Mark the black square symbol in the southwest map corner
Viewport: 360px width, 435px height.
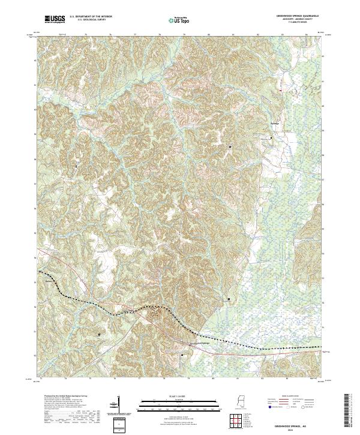(99, 334)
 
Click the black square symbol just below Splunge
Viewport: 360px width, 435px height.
(271, 138)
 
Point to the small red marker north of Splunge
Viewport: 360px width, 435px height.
(280, 90)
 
